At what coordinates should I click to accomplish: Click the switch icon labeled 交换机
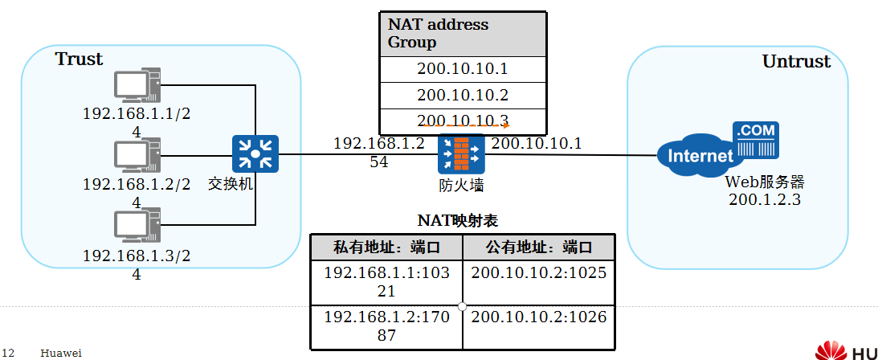coord(255,153)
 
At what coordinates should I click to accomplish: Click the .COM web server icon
coord(755,140)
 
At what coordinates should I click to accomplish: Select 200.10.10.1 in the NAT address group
coord(462,68)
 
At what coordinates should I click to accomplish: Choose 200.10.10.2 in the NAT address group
coord(462,95)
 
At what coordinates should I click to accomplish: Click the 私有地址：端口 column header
coord(386,247)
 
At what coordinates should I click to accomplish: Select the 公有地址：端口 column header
coord(539,247)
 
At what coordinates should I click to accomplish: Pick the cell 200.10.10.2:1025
coord(539,273)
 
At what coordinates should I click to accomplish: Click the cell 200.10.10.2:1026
coord(539,317)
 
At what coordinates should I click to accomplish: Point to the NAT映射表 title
coord(464,220)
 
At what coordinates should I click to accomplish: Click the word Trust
coord(79,59)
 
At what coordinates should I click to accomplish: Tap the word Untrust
coord(796,62)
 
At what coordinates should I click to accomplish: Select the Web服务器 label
coord(764,182)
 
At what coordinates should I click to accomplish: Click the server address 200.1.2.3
coord(764,199)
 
